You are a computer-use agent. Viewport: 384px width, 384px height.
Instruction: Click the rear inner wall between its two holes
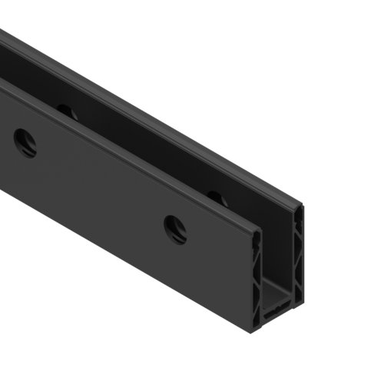coord(138,154)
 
